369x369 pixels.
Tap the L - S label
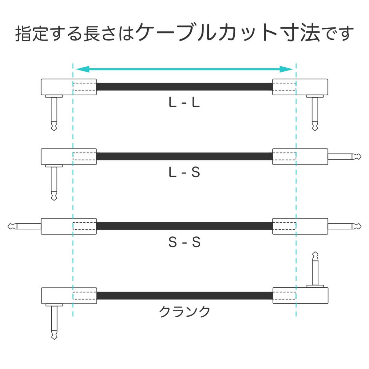(184, 172)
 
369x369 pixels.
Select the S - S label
(184, 242)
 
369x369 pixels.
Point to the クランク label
(184, 312)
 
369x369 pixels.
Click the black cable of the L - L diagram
(184, 86)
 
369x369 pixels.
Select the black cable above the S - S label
(184, 226)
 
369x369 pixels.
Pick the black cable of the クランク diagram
(184, 296)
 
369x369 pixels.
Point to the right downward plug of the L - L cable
(315, 113)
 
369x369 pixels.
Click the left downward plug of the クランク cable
(54, 322)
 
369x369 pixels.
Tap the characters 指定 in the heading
(33, 34)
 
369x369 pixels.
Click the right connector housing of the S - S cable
(300, 226)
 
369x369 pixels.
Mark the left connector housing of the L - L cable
(69, 87)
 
